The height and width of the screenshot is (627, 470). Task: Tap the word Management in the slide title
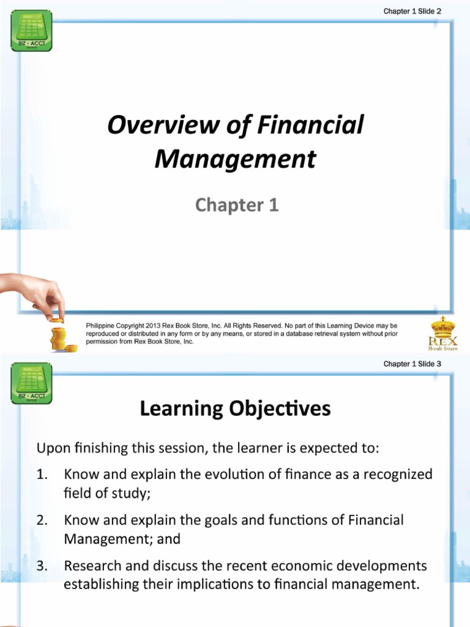(236, 159)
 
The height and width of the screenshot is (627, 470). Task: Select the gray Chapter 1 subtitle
(237, 205)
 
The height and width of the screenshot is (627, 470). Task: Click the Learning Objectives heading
(235, 408)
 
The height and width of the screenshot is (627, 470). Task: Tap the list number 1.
(42, 474)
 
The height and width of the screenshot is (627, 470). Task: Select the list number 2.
(42, 520)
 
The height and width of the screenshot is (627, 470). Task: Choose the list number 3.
(42, 566)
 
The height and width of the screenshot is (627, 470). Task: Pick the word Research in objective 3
(92, 566)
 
